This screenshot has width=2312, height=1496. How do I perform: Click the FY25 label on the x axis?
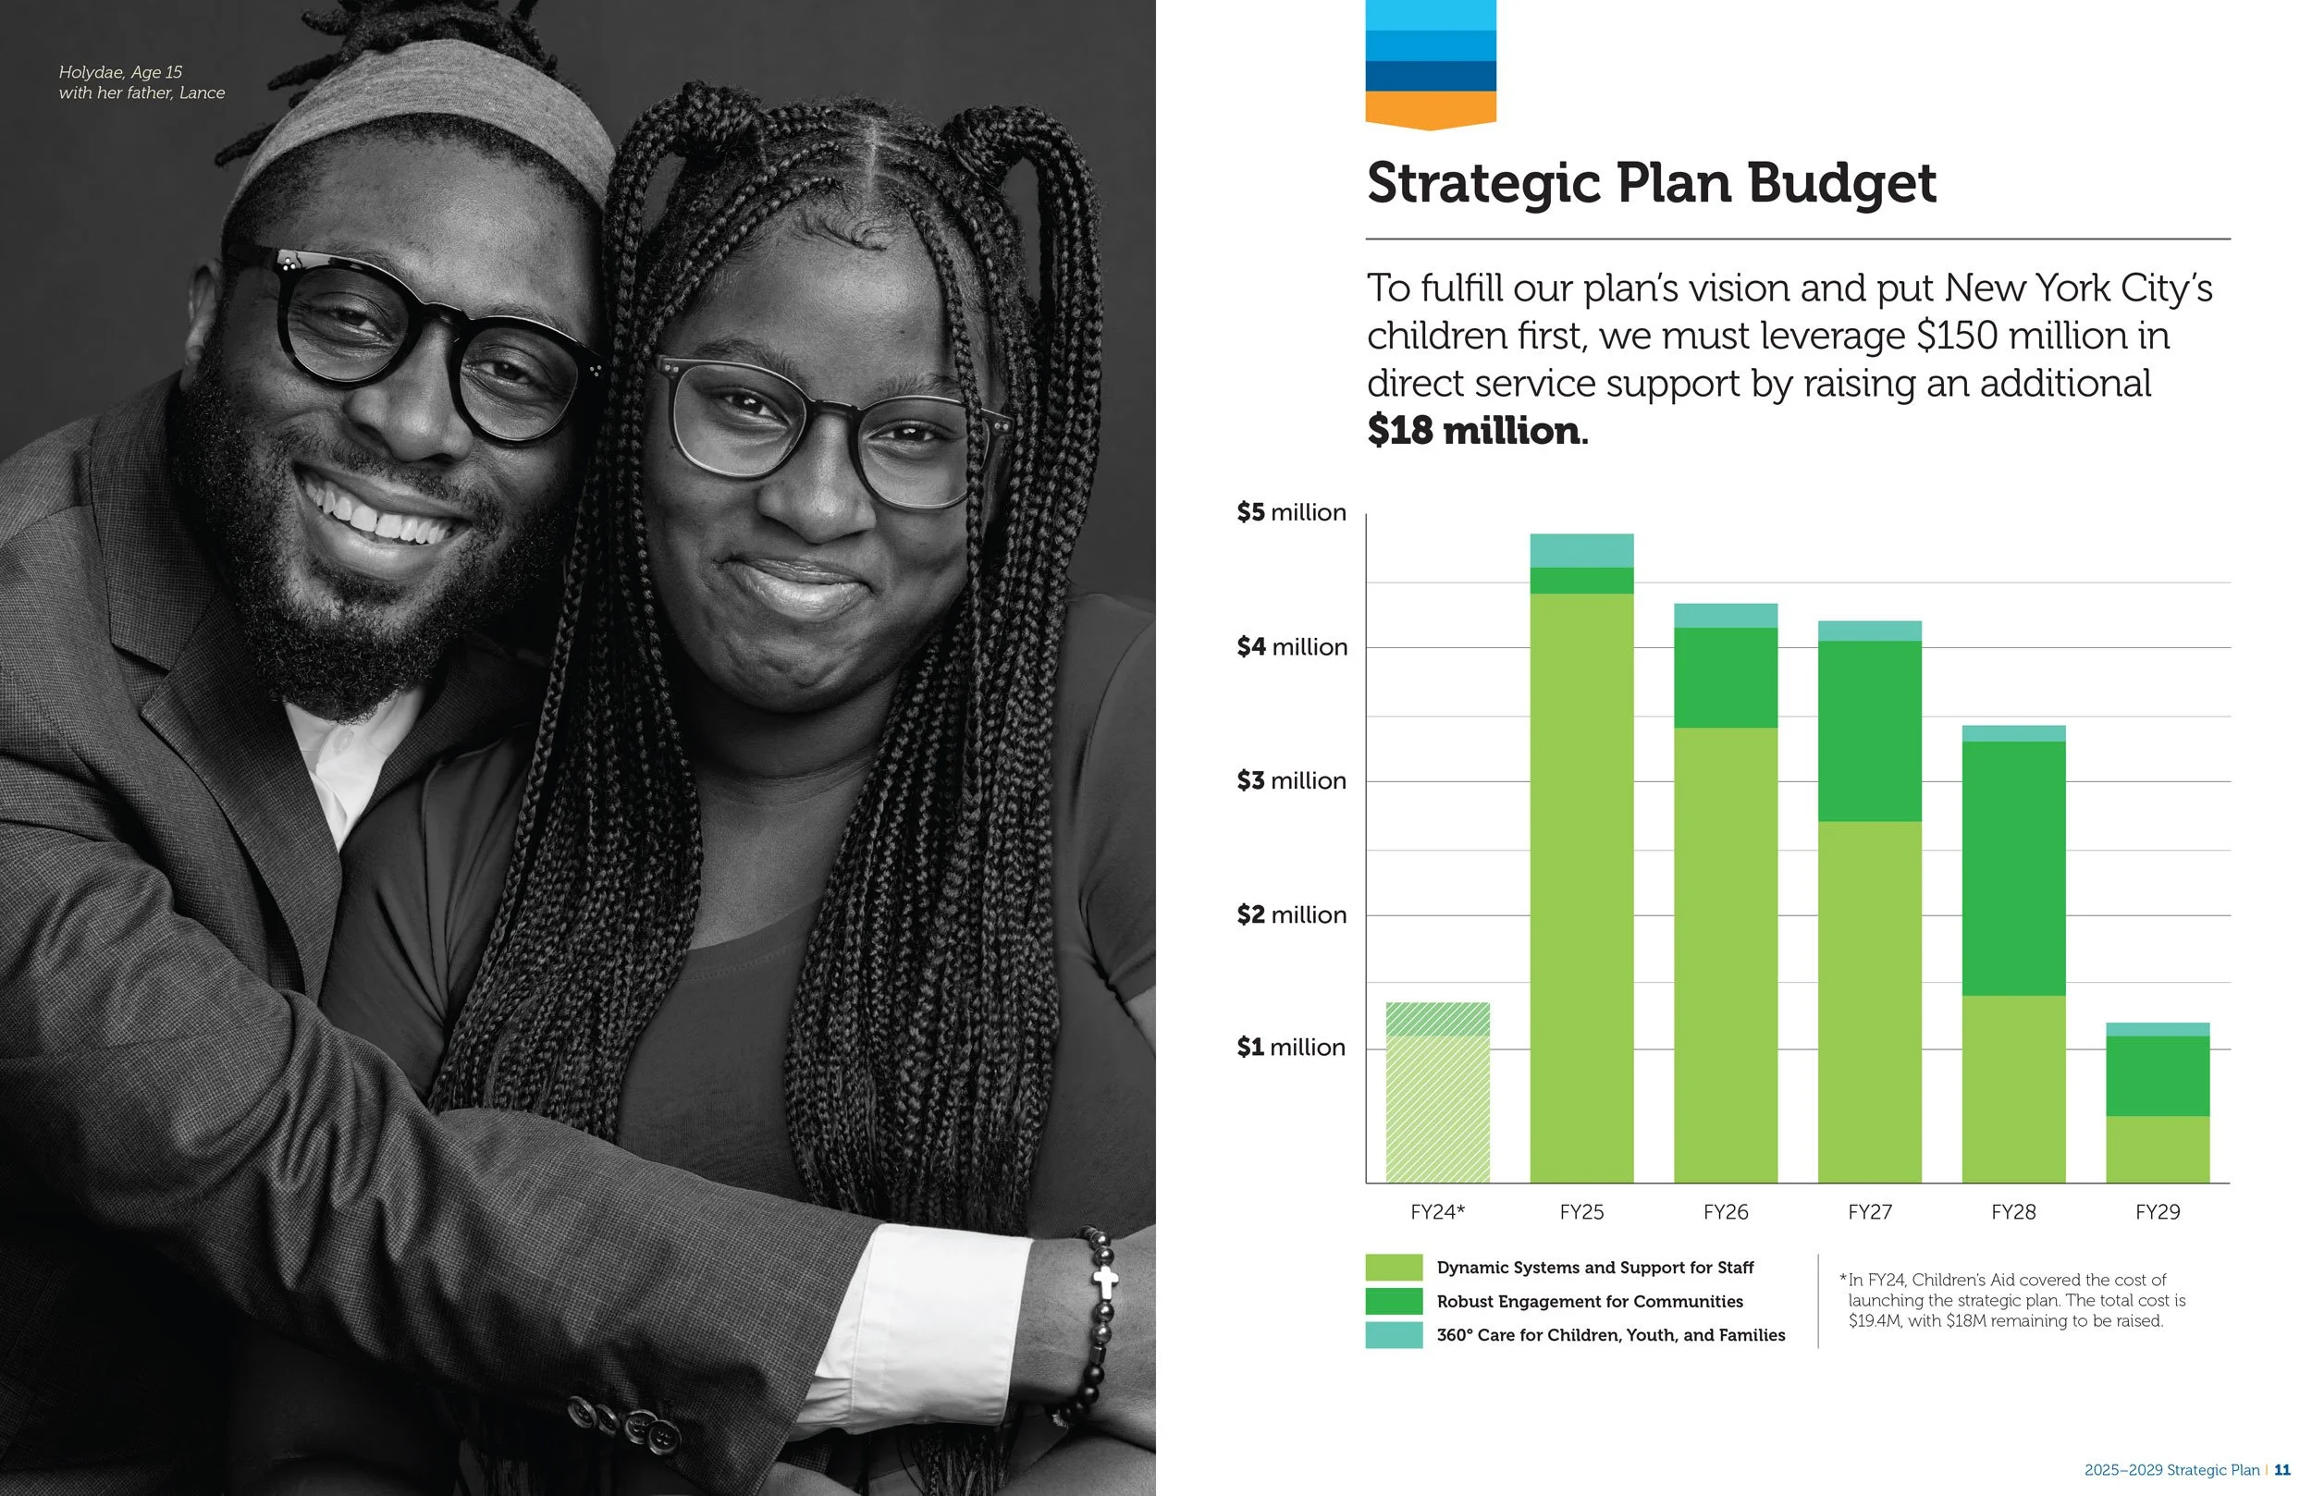pyautogui.click(x=1581, y=1212)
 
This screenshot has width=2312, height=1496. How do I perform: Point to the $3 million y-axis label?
pyautogui.click(x=1291, y=781)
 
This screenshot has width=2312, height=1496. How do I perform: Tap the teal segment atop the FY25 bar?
pyautogui.click(x=1581, y=551)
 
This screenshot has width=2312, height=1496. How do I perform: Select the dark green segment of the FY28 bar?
pyautogui.click(x=2014, y=868)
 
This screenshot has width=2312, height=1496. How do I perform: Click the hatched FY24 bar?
pyautogui.click(x=1438, y=1093)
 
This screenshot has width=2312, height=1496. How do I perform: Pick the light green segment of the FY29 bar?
pyautogui.click(x=2158, y=1149)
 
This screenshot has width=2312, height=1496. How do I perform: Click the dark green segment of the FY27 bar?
pyautogui.click(x=1870, y=731)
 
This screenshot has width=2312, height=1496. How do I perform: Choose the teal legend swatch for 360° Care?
pyautogui.click(x=1394, y=1335)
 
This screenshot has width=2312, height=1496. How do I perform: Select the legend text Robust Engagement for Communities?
pyautogui.click(x=1589, y=1302)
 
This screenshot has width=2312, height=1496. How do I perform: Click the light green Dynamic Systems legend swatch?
pyautogui.click(x=1394, y=1267)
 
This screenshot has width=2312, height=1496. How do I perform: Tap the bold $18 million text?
pyautogui.click(x=1477, y=430)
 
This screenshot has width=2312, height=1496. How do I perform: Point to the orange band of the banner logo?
pyautogui.click(x=1431, y=110)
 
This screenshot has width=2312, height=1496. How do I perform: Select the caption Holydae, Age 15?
pyautogui.click(x=120, y=72)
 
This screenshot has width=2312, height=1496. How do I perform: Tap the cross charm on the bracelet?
pyautogui.click(x=1104, y=1282)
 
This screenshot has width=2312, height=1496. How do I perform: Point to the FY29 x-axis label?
pyautogui.click(x=2158, y=1212)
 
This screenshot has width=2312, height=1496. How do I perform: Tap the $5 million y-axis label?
pyautogui.click(x=1291, y=513)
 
